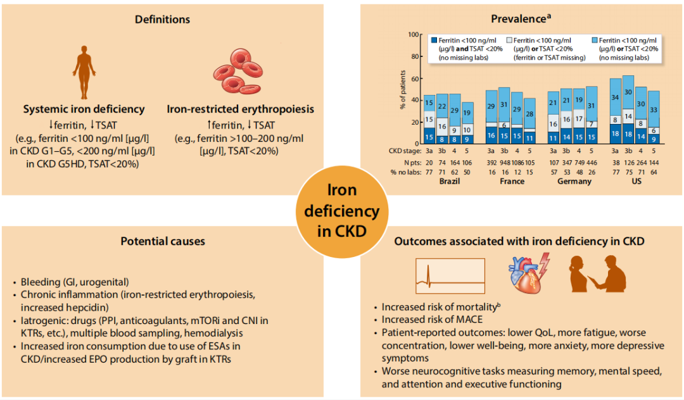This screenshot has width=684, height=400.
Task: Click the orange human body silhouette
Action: (x=84, y=73)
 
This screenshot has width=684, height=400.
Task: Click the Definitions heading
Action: (x=162, y=20)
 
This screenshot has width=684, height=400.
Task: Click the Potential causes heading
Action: (x=163, y=241)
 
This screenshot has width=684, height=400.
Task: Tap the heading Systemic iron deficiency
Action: (x=84, y=109)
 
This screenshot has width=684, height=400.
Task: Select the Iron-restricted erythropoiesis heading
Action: (x=240, y=109)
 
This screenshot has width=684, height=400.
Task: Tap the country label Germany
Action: (x=574, y=181)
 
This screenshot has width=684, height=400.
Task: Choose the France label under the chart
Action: (x=512, y=181)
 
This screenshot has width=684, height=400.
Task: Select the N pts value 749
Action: (x=578, y=162)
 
